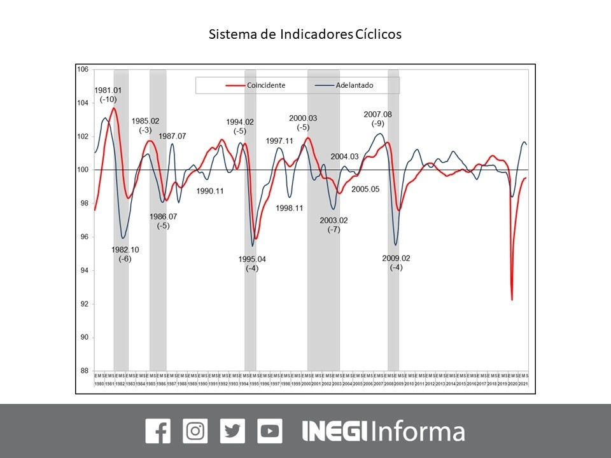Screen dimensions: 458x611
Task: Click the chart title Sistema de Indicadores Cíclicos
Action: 305,34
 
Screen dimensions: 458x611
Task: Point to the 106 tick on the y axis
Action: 82,69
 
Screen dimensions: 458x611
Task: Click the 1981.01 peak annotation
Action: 108,90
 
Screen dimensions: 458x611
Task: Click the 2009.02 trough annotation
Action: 396,258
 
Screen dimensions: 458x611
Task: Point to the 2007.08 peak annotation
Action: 378,114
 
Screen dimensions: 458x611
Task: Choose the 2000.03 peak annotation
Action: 303,118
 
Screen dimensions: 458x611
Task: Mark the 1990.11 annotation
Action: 210,191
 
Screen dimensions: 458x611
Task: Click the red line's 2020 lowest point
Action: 512,300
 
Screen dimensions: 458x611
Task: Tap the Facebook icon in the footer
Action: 158,431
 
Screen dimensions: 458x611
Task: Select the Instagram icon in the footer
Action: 195,431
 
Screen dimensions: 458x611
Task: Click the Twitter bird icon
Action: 232,431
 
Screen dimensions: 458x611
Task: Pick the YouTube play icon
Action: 270,431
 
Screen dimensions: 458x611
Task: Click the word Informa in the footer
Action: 418,431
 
